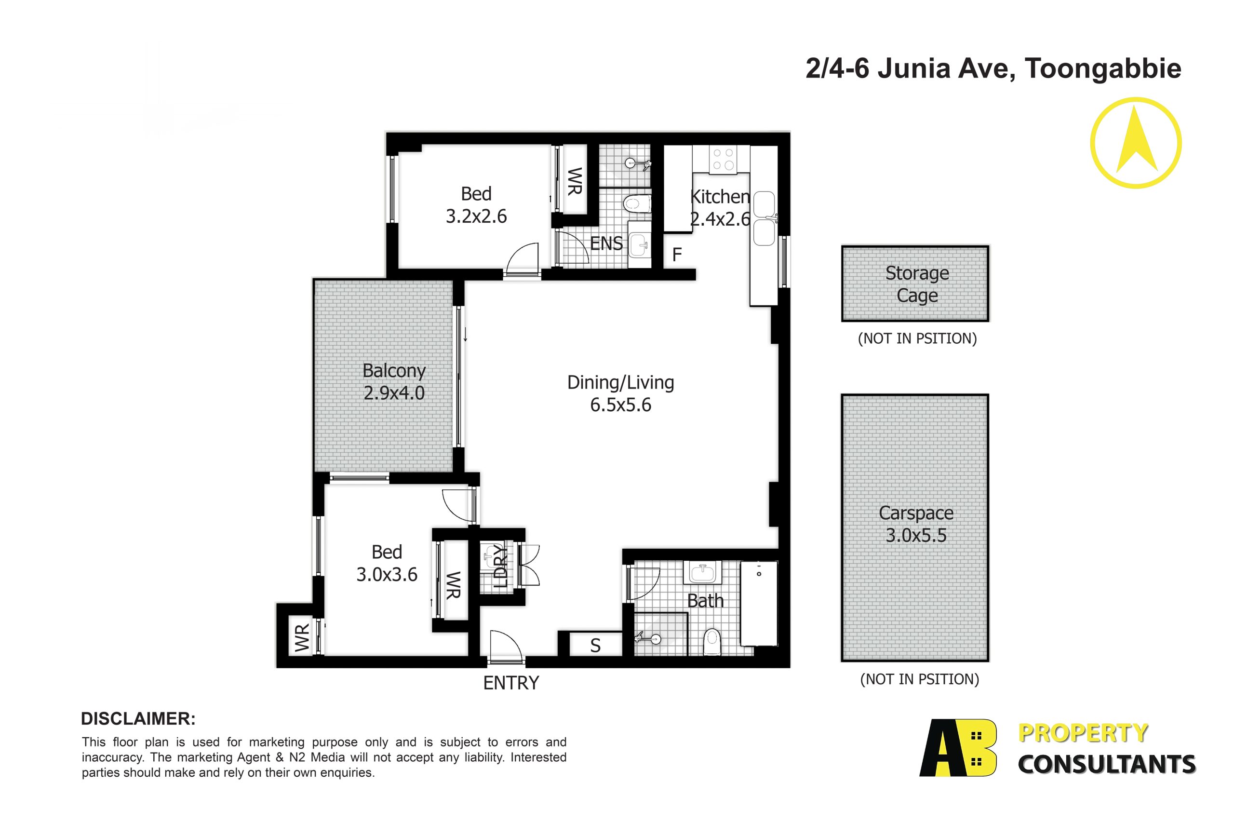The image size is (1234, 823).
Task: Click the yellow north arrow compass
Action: click(1136, 143)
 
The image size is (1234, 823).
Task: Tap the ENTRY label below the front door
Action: click(511, 683)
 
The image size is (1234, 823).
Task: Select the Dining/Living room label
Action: click(621, 382)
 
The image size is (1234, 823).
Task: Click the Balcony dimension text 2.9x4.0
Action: click(394, 392)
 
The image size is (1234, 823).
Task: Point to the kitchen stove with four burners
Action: click(723, 159)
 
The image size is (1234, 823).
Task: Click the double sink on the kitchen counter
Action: click(764, 218)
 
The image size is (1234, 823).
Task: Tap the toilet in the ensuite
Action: click(637, 203)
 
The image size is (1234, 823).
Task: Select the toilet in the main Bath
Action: click(712, 642)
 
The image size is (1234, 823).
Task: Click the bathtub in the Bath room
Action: click(759, 603)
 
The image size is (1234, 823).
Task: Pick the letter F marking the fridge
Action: click(677, 255)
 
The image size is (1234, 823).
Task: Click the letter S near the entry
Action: click(595, 646)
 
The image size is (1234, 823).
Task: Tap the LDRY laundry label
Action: click(501, 566)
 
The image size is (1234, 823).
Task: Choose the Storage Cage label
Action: click(917, 284)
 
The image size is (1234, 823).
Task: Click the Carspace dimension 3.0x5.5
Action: click(916, 535)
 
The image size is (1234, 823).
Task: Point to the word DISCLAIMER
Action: click(138, 718)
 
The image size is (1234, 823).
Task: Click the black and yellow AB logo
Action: click(958, 748)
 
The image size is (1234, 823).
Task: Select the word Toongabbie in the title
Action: click(1103, 69)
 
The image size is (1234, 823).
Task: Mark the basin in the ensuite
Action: click(639, 244)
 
